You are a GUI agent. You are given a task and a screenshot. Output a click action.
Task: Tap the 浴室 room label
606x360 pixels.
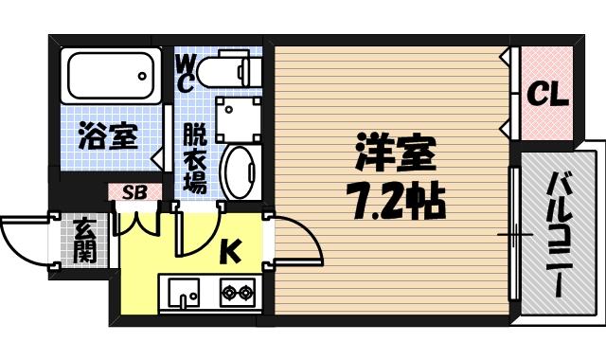108,137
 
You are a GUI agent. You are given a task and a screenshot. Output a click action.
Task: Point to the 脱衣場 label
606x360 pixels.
194,159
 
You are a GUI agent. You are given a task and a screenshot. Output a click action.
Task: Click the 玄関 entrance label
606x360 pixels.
83,241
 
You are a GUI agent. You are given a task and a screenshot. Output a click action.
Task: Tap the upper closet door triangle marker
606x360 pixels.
507,56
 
